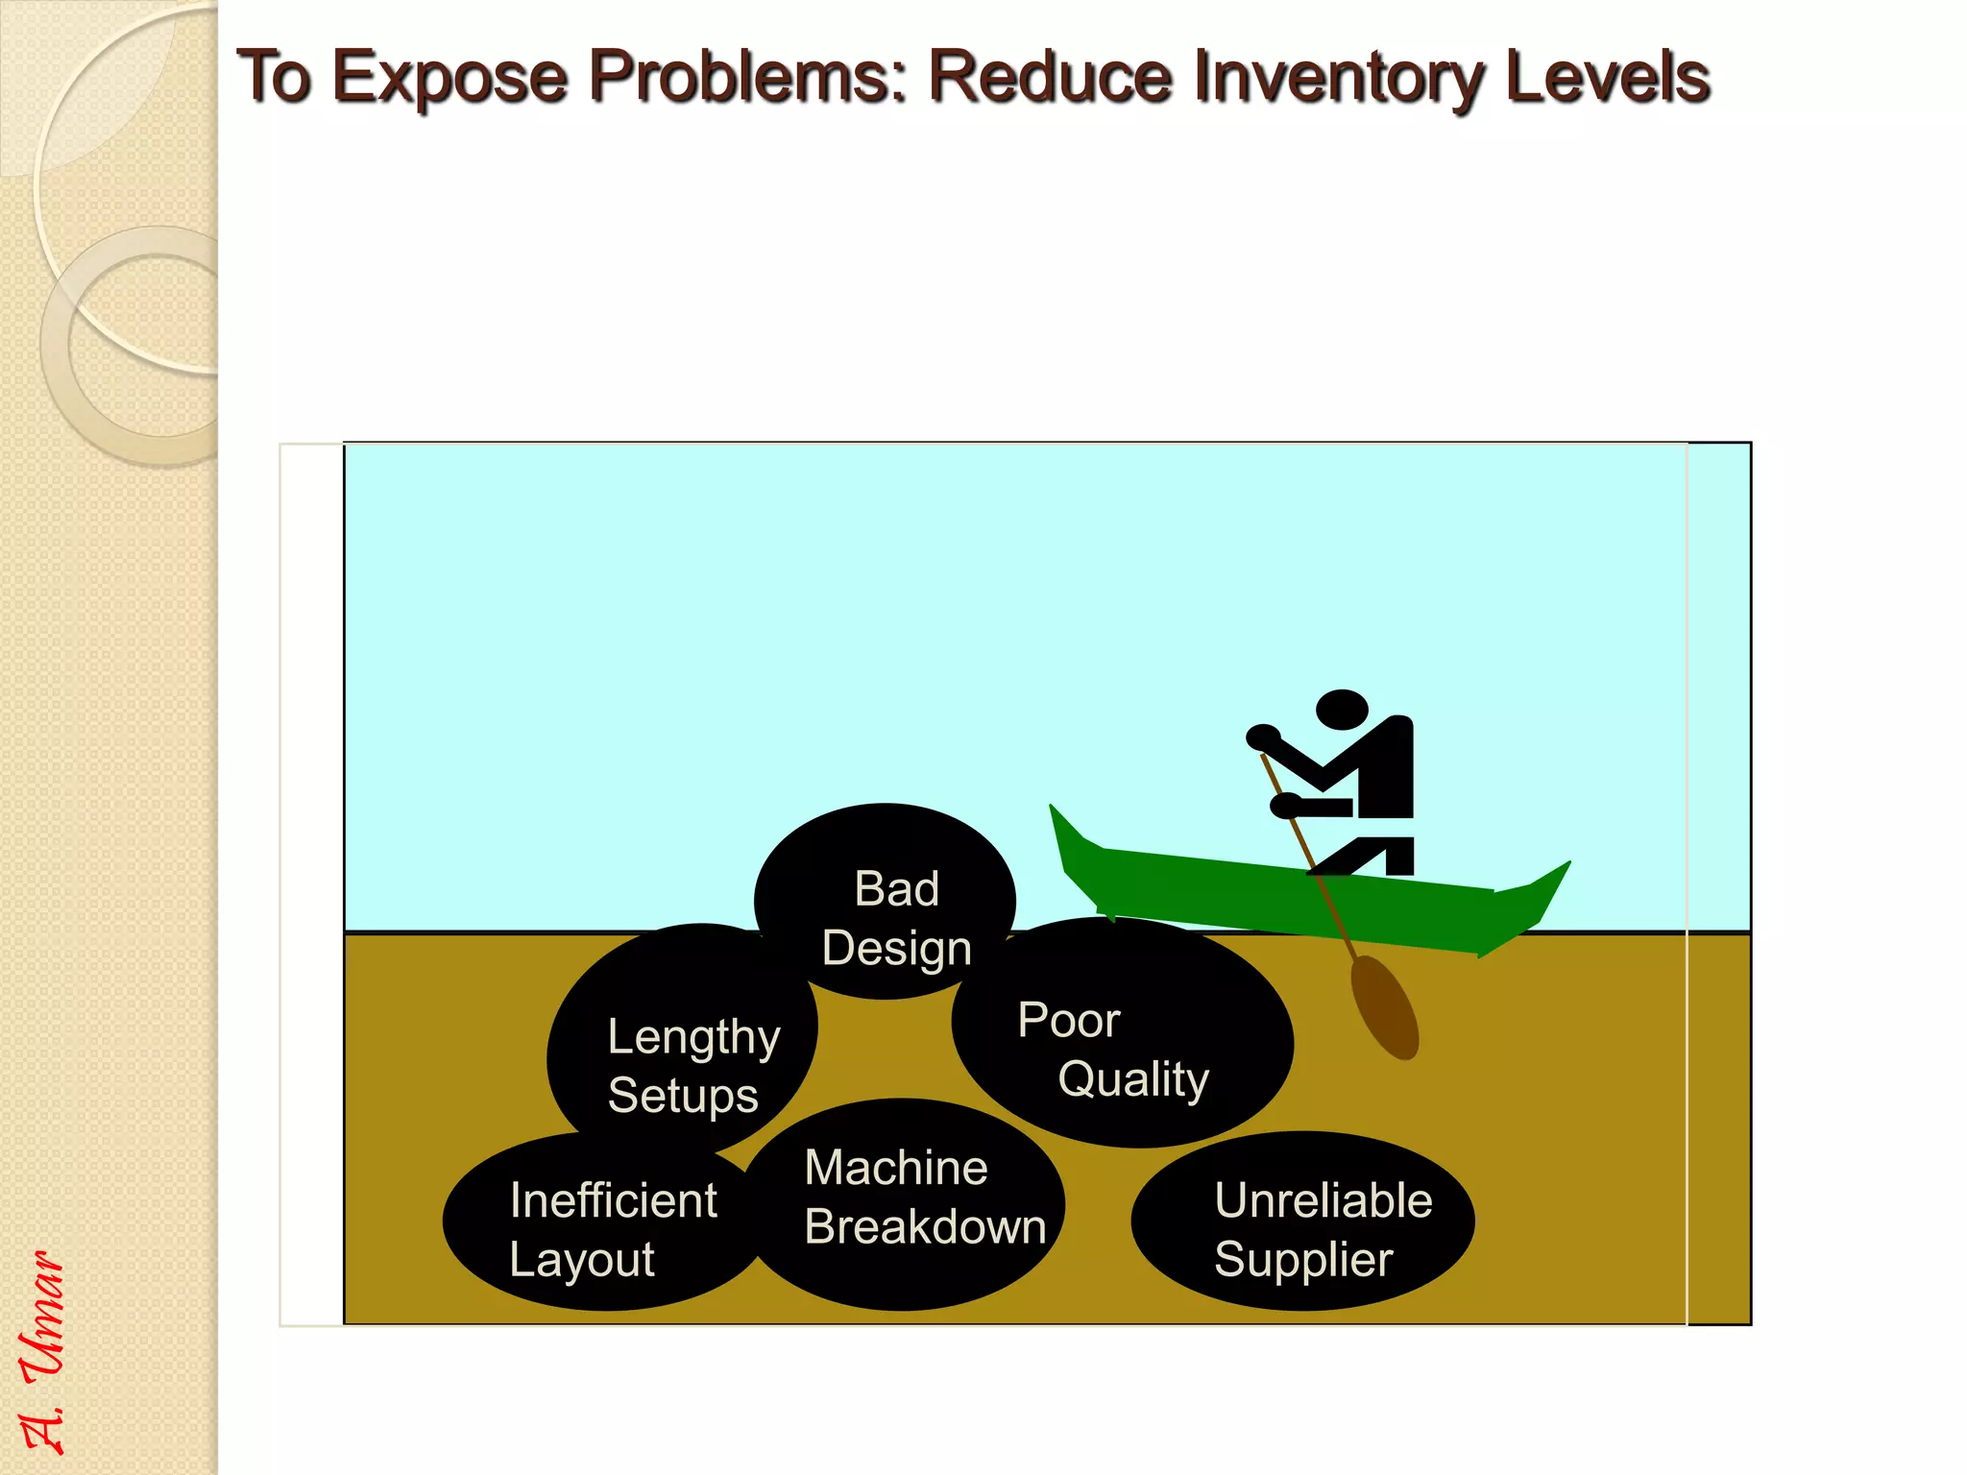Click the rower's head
pyautogui.click(x=1341, y=710)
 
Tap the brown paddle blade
pyautogui.click(x=1384, y=1007)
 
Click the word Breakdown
pyautogui.click(x=925, y=1226)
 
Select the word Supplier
pyautogui.click(x=1303, y=1259)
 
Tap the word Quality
pyautogui.click(x=1133, y=1079)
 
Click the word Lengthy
pyautogui.click(x=693, y=1038)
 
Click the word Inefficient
pyautogui.click(x=613, y=1200)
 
